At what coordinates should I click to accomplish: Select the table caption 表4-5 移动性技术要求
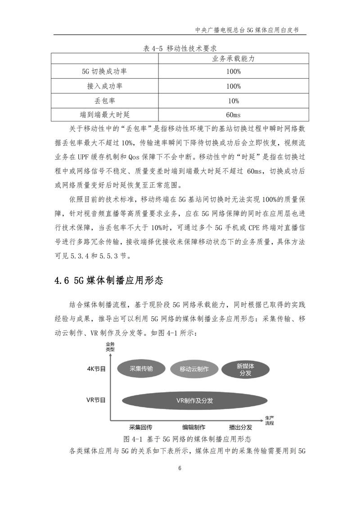coord(180,49)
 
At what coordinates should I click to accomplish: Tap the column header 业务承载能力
coord(233,59)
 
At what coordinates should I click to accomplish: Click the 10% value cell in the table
coord(233,100)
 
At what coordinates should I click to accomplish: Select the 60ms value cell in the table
coord(233,114)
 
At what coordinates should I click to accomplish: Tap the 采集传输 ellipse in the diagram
coord(141,368)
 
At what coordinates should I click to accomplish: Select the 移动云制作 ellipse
coord(194,369)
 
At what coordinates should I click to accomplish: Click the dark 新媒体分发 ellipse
coord(246,369)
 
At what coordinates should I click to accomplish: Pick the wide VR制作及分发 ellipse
coord(194,401)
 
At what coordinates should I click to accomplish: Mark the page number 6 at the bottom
coord(180,468)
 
